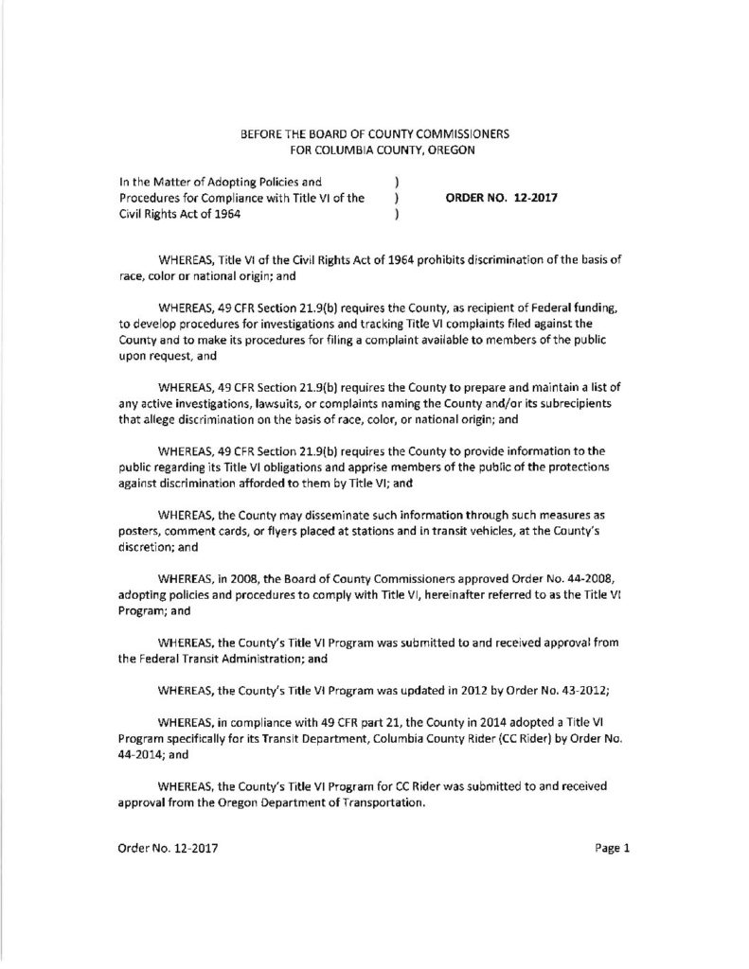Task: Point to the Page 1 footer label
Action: [x=613, y=848]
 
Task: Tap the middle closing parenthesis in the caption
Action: [x=394, y=200]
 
